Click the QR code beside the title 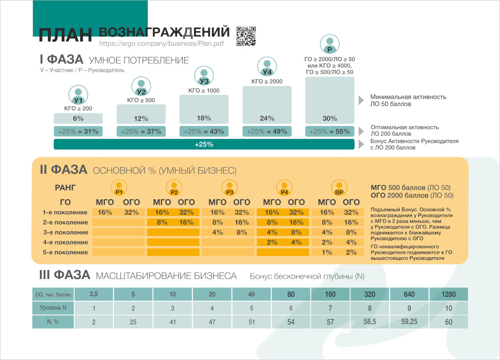[x=246, y=36]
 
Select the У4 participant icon [x=267, y=67]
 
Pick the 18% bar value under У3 [x=204, y=118]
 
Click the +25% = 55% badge [x=329, y=131]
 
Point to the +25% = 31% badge [x=78, y=131]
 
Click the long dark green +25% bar [x=204, y=144]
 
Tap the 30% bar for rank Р [x=329, y=118]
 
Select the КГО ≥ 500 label [x=141, y=100]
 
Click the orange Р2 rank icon [x=174, y=187]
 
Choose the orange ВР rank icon [x=339, y=187]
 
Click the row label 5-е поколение [x=65, y=252]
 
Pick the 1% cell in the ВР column [x=326, y=252]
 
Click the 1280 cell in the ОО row [x=448, y=294]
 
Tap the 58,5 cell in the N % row [x=369, y=322]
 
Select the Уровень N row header [x=53, y=308]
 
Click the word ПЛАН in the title [x=65, y=35]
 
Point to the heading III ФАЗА [x=64, y=276]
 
